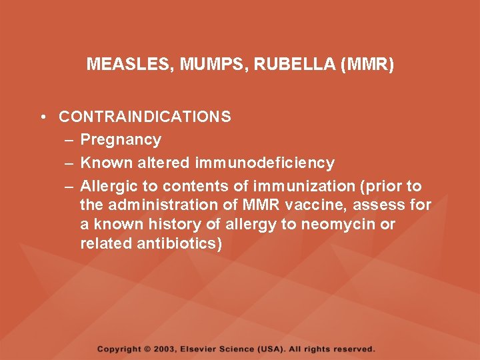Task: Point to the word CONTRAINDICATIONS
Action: point(145,117)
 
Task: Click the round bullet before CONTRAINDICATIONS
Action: point(42,117)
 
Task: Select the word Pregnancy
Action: point(121,140)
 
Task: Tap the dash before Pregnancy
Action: point(69,140)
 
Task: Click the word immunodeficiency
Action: point(265,163)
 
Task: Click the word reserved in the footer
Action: point(353,349)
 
